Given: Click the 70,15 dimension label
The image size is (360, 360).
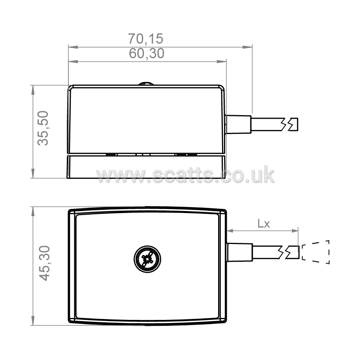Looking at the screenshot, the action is click(145, 39).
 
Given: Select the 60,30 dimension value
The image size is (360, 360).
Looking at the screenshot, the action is click(147, 53).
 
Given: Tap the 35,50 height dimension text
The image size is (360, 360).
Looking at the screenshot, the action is click(43, 128).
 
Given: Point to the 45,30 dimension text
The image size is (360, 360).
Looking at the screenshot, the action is click(44, 263).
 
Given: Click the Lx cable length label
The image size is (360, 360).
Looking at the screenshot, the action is click(264, 223).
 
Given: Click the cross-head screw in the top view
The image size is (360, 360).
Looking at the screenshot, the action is click(147, 259).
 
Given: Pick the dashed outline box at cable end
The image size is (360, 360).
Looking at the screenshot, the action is click(316, 252).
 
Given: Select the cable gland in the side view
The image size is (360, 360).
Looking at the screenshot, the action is click(238, 124).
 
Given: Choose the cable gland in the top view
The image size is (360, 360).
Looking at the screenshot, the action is click(239, 252).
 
